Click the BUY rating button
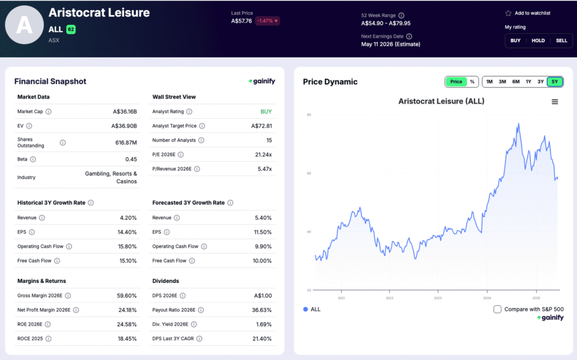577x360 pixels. coord(515,41)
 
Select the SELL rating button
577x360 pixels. coord(561,41)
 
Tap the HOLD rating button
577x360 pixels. coord(538,41)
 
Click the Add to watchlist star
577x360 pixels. coord(508,13)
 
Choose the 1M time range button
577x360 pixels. coord(489,82)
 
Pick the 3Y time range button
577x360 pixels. coord(540,82)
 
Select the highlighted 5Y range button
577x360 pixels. coord(554,82)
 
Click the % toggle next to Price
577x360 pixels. coord(472,82)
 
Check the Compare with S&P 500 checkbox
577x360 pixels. coord(498,309)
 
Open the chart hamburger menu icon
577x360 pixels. coord(554,102)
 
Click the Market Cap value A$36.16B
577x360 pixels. coord(125,112)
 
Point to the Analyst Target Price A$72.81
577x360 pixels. coord(261,126)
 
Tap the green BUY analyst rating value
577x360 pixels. coord(266,112)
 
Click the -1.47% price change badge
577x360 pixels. coord(268,21)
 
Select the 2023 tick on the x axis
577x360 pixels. coord(438,297)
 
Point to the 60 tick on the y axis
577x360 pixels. coord(309,174)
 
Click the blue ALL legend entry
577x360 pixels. coord(312,309)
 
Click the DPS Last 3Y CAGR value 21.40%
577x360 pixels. coord(261,339)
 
